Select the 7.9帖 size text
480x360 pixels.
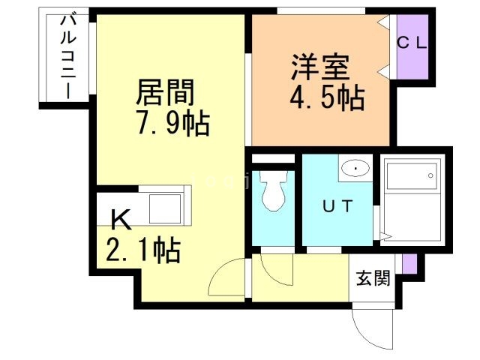point(172,121)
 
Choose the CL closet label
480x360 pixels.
point(412,43)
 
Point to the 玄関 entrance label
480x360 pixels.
point(373,279)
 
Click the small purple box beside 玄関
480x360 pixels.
point(408,263)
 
